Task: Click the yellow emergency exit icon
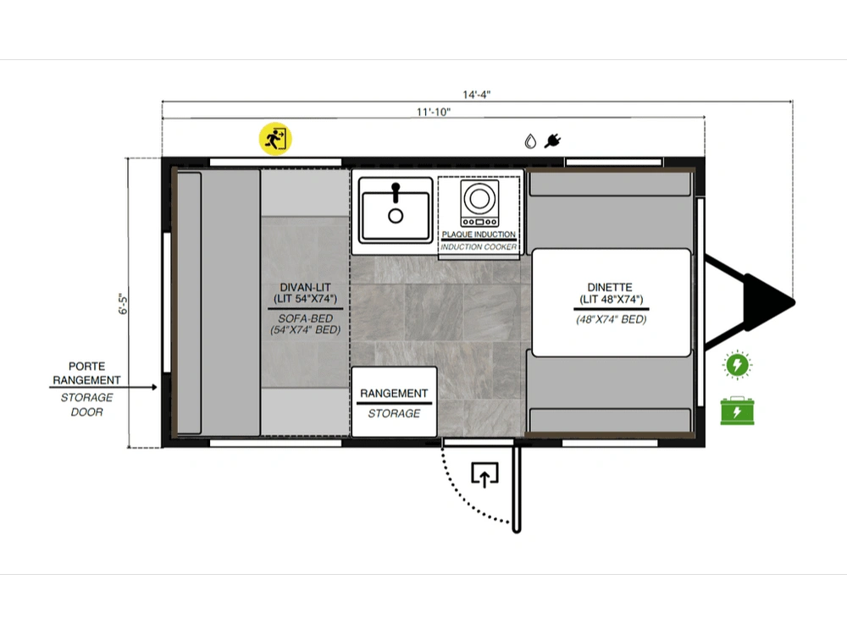(x=275, y=139)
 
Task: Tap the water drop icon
(x=530, y=141)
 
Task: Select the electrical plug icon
(x=552, y=141)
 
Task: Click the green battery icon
(x=738, y=411)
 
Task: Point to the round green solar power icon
(x=738, y=364)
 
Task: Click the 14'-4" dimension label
(x=476, y=95)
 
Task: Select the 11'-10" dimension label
(x=433, y=112)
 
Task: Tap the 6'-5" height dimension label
(x=123, y=304)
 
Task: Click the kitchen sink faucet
(x=396, y=193)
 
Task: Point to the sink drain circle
(x=396, y=216)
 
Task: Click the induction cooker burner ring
(x=479, y=198)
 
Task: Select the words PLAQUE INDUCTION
(x=479, y=235)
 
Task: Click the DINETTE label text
(x=610, y=287)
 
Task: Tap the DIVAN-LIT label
(x=305, y=287)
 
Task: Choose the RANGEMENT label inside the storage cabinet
(x=394, y=393)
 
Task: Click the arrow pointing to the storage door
(x=103, y=387)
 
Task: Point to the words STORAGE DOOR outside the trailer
(x=86, y=405)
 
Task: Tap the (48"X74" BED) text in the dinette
(x=611, y=319)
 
